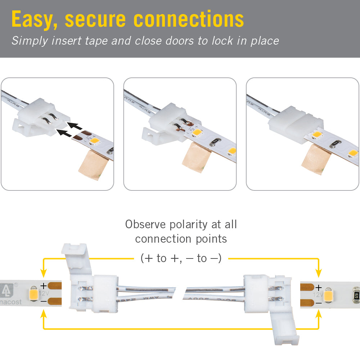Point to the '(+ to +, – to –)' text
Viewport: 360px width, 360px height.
click(x=181, y=258)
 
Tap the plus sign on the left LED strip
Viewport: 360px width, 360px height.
click(x=43, y=286)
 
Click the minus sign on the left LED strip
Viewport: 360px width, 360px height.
click(x=43, y=301)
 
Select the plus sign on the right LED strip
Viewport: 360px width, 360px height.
click(x=318, y=288)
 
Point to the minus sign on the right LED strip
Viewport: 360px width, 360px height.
click(x=318, y=303)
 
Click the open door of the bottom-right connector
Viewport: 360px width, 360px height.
click(x=284, y=328)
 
